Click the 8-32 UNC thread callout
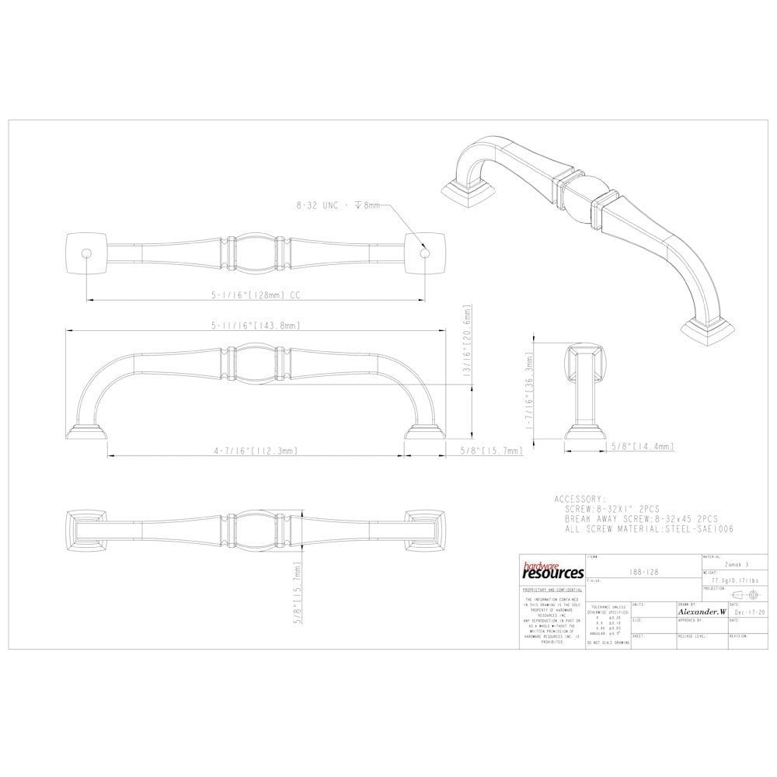point(338,206)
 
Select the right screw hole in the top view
point(424,253)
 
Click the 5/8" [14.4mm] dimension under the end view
point(642,446)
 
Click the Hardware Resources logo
point(552,572)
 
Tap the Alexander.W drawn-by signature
point(701,612)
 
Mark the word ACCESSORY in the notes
point(579,499)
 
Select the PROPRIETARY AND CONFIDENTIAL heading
point(552,591)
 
